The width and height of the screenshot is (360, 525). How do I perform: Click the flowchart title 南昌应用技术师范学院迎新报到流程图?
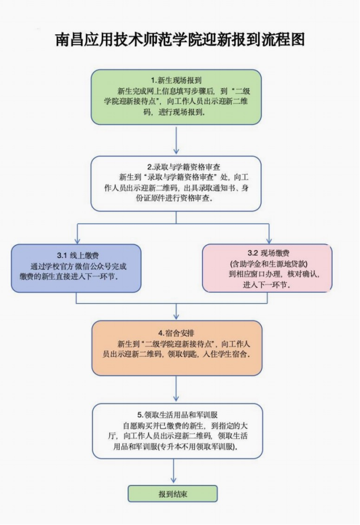click(x=180, y=40)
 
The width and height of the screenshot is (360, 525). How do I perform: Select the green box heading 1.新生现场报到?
click(x=176, y=80)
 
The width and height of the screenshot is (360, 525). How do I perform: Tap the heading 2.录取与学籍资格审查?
click(x=175, y=167)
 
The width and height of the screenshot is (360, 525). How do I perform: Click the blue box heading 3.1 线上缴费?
click(x=76, y=255)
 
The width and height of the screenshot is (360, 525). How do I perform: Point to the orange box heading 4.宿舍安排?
click(x=176, y=332)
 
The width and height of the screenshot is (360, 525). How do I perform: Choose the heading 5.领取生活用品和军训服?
click(x=176, y=415)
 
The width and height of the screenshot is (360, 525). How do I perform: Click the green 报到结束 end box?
click(x=173, y=494)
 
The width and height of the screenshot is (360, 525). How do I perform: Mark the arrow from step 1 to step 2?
click(x=176, y=141)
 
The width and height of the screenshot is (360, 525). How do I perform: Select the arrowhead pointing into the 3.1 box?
click(x=76, y=240)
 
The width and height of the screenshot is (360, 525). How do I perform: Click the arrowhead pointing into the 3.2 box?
click(x=268, y=240)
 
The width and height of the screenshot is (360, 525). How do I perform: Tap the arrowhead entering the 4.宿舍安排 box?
click(x=176, y=316)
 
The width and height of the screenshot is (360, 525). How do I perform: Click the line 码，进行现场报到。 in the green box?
click(x=176, y=112)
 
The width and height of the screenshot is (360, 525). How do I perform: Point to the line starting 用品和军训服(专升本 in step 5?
click(x=176, y=447)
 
